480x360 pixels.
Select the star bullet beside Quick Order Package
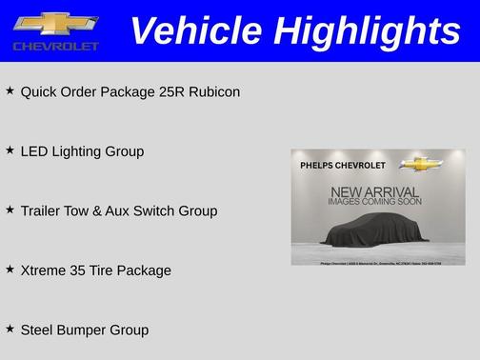10,90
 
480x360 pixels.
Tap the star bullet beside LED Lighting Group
10,150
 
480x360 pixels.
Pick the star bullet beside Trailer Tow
10,209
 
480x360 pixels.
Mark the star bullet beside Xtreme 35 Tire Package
10,269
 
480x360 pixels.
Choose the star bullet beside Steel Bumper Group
10,328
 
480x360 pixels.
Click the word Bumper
83,330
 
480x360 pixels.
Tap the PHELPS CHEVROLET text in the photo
342,164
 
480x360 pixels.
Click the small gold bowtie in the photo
416,163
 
